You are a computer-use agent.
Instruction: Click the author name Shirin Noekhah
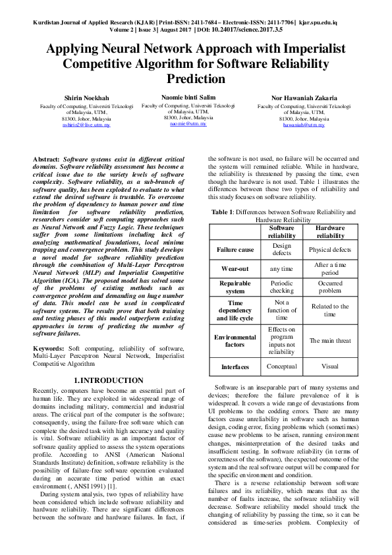click(82, 98)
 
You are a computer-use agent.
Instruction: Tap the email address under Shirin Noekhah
click(82, 125)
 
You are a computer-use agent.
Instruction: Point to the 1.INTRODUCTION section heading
click(108, 381)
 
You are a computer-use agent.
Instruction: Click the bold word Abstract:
click(46, 160)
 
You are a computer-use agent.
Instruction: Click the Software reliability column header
click(282, 231)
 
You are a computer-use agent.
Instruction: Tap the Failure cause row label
click(236, 250)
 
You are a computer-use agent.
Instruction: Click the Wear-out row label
click(236, 270)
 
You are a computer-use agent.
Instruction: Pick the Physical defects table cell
click(330, 250)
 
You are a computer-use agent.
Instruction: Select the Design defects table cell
click(282, 250)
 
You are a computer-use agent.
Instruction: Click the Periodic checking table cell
click(282, 287)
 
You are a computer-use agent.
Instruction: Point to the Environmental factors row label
click(236, 339)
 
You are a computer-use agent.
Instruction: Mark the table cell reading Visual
click(330, 366)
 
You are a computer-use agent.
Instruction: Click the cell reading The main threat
click(330, 340)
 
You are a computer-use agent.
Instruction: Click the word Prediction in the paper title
click(197, 79)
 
